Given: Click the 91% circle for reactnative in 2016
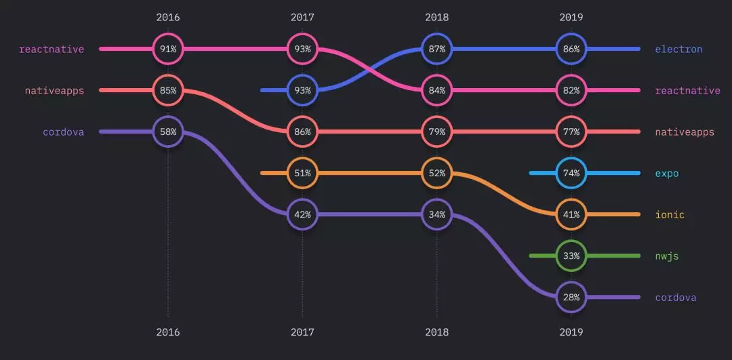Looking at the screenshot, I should coord(167,49).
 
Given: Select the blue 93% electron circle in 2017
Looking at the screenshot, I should coord(302,90).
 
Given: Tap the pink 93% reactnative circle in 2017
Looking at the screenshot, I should coord(302,49).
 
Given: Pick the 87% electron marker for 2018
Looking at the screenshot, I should coord(436,49).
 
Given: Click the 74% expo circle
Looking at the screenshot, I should coord(571,173).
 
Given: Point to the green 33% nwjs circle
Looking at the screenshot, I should coord(571,256).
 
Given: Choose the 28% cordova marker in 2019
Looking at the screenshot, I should coord(571,297).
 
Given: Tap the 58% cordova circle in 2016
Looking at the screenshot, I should coord(167,132).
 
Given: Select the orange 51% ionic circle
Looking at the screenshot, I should coord(302,173).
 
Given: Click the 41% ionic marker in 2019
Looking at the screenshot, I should coord(571,214).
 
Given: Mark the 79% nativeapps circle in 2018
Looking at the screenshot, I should coord(436,132).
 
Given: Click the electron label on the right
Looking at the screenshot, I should coord(678,49).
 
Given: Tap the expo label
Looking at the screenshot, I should coord(666,173).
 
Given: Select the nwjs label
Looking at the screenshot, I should coord(666,256).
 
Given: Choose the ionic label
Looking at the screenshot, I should coord(670,215).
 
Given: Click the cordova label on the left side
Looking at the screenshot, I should coord(63,132).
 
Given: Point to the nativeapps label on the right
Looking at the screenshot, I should coord(685,132).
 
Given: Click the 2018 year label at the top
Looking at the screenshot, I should coord(436,17).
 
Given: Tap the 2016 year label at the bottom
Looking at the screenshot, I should coord(167,332).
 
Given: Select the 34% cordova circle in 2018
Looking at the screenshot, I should coord(436,214).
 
